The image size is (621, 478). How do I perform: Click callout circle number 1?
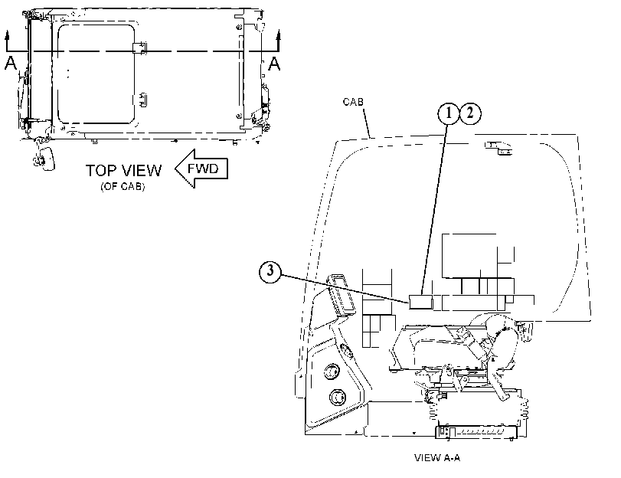448,113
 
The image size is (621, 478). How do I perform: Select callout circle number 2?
469,113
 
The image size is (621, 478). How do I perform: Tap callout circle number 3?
270,271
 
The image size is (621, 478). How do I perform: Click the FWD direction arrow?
201,169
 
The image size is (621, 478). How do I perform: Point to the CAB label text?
353,102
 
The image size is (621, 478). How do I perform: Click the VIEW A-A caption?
437,458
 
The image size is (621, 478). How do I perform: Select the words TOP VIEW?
123,170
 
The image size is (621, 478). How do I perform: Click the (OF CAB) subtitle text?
123,186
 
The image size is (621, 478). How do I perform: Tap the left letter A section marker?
11,64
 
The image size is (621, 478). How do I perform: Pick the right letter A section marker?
274,64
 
